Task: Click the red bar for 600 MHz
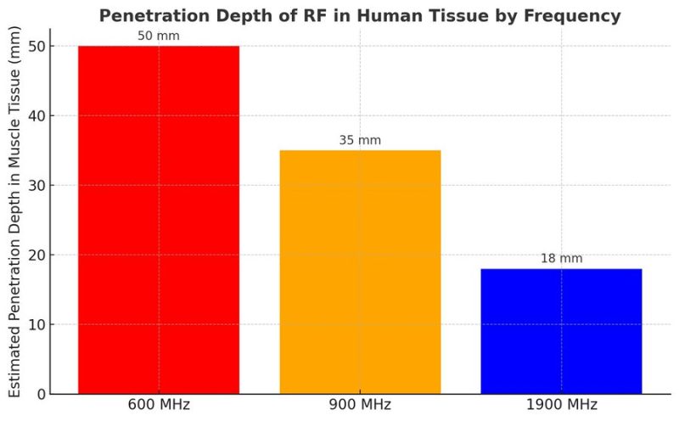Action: point(159,220)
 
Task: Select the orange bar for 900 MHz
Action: point(360,272)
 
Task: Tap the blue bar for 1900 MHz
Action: point(561,331)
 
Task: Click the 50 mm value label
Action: point(159,36)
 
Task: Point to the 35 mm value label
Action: point(360,140)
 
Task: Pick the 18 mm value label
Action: point(561,258)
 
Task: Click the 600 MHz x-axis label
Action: point(159,405)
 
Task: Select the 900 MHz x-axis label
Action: point(360,405)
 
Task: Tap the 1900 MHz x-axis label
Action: point(561,405)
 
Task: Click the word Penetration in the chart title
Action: point(148,15)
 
